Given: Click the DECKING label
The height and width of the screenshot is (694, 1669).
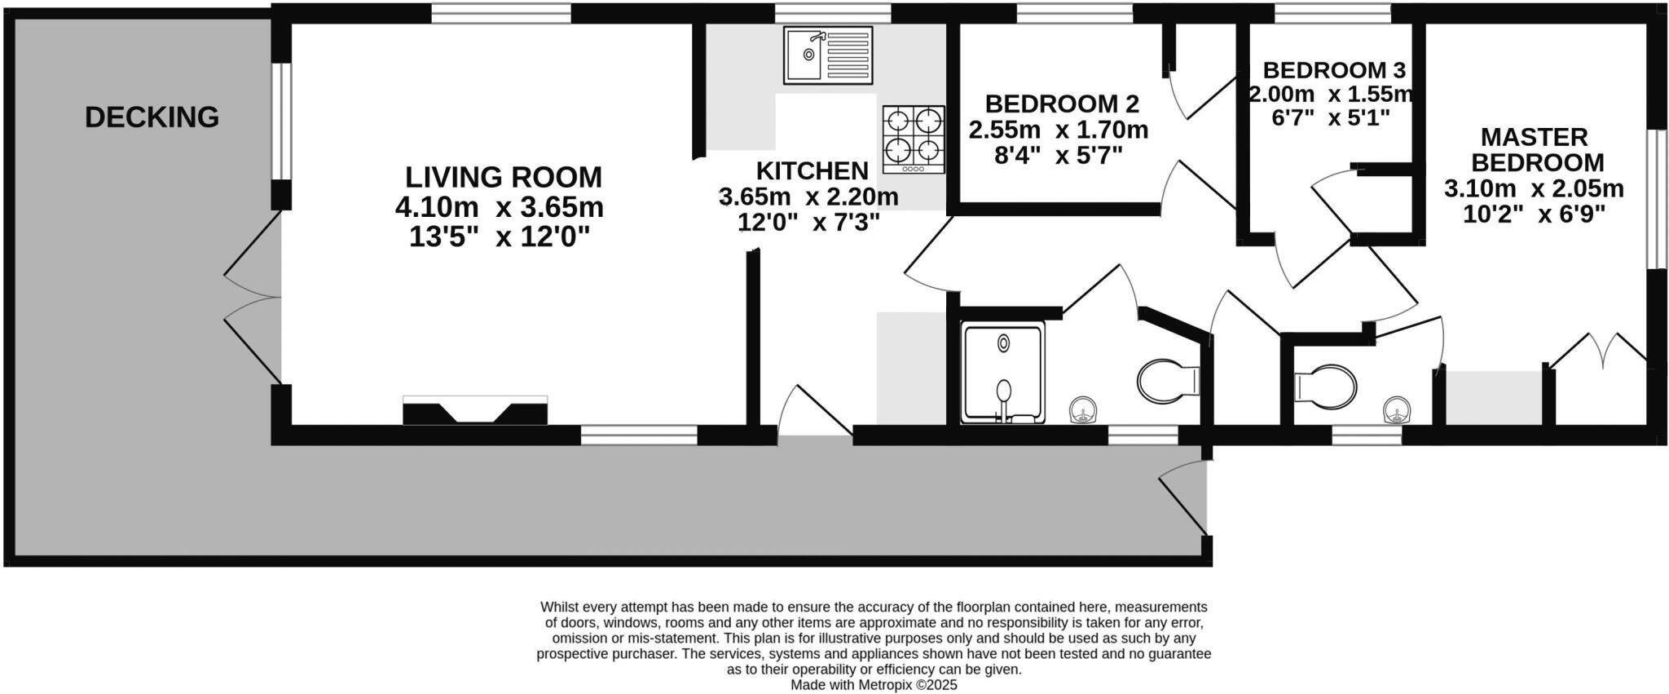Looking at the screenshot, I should pyautogui.click(x=152, y=117).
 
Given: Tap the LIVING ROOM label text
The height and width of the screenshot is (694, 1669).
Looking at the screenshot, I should pyautogui.click(x=503, y=177).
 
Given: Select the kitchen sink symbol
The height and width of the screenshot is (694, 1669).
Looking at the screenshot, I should pyautogui.click(x=827, y=55).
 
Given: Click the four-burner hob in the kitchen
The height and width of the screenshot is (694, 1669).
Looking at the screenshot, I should pyautogui.click(x=914, y=139).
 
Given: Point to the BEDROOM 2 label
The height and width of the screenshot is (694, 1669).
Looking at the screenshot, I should pyautogui.click(x=1061, y=104).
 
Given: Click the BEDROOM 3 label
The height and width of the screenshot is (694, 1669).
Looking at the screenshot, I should pyautogui.click(x=1333, y=69).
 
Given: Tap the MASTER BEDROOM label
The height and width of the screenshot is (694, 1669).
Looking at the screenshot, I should pyautogui.click(x=1534, y=149).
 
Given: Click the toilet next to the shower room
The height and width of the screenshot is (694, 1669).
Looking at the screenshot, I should pyautogui.click(x=1167, y=381).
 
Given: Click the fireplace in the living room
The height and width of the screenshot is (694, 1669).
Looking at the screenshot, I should pyautogui.click(x=475, y=409).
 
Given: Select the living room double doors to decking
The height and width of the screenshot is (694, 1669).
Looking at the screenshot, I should pyautogui.click(x=253, y=298).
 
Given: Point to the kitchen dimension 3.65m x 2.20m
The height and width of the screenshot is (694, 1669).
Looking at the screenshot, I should pyautogui.click(x=808, y=197).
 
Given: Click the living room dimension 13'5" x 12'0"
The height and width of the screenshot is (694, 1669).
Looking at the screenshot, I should pyautogui.click(x=499, y=237).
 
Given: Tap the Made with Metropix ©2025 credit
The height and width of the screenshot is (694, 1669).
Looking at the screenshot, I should pyautogui.click(x=874, y=685).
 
